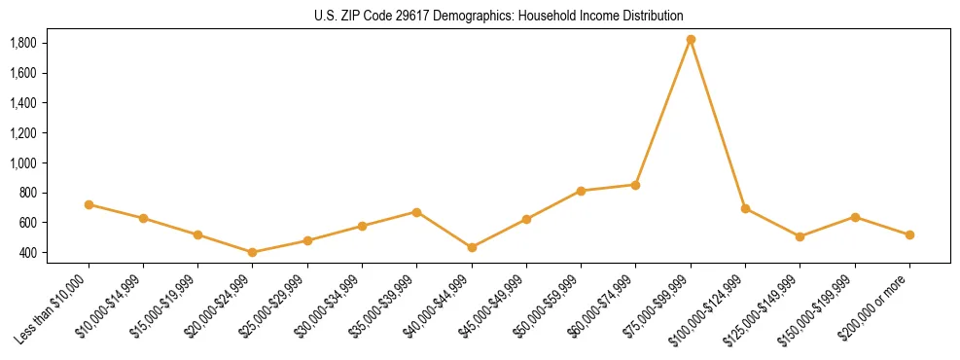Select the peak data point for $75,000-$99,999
pos(691,40)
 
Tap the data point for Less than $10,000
pos(89,204)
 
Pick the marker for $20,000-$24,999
pos(253,252)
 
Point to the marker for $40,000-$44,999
pos(472,247)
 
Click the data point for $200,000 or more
pos(909,234)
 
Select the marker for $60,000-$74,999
pos(635,185)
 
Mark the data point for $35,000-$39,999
pos(416,211)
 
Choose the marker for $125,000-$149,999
pos(800,236)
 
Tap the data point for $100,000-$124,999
pos(745,208)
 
